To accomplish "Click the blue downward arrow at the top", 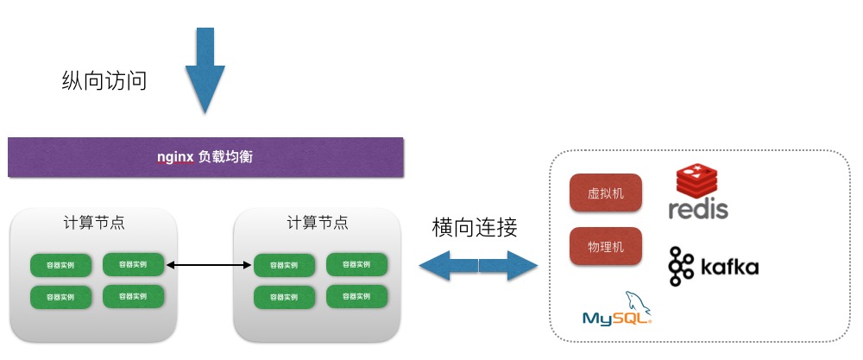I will (x=205, y=69).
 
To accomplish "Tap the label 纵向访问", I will (x=104, y=81).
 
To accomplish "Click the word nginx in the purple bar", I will (x=175, y=157).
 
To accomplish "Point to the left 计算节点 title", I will (x=94, y=222).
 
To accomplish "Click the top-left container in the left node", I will (x=60, y=265).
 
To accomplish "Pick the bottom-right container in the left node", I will (x=133, y=296).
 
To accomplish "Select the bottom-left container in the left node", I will (x=60, y=297).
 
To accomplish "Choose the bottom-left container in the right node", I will (x=284, y=297).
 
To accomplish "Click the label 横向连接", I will (x=475, y=228).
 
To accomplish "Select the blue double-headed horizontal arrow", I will (x=478, y=265).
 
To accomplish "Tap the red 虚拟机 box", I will (x=606, y=193).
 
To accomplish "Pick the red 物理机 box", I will (x=606, y=247).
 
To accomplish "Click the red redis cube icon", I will (x=697, y=181).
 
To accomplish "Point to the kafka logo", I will (x=714, y=266).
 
